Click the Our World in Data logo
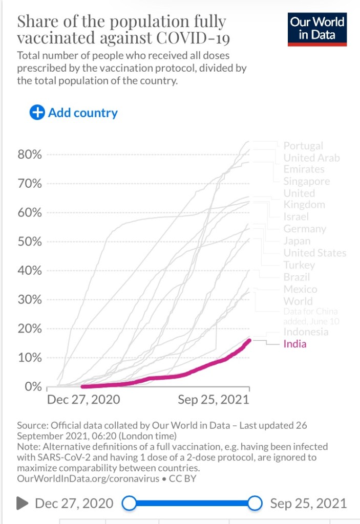tap(317, 30)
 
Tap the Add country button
tap(74, 113)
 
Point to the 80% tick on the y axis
tap(30, 155)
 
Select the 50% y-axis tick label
tap(30, 242)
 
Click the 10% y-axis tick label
tap(30, 358)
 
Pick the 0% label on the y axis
tap(32, 387)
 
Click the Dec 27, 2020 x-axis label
tap(83, 400)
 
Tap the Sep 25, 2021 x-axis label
tap(213, 400)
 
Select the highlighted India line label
tap(295, 344)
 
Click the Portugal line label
tap(303, 146)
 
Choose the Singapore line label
tap(307, 181)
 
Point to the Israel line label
tap(296, 217)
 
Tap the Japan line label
tap(297, 241)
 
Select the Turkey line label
tap(299, 265)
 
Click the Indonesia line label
tap(306, 332)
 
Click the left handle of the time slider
tap(130, 504)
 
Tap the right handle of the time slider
tap(255, 504)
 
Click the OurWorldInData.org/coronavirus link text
tap(84, 479)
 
